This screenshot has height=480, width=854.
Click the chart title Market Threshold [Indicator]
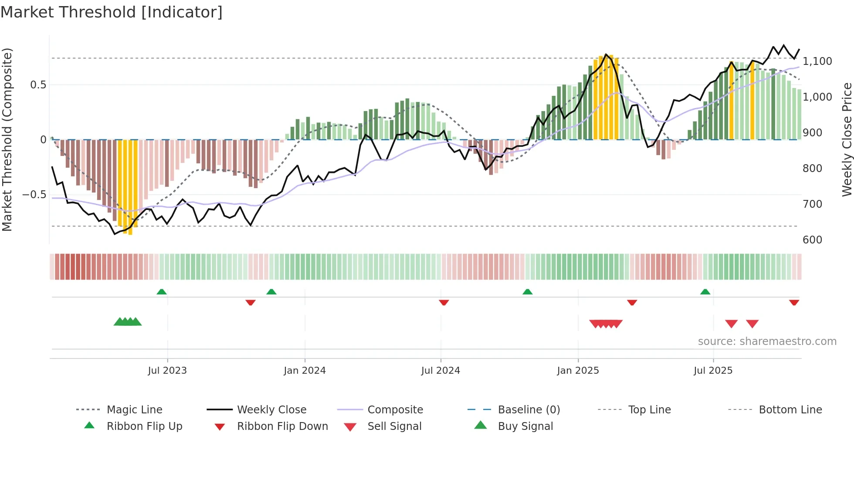tap(112, 12)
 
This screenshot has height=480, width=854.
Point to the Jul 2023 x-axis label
tap(167, 371)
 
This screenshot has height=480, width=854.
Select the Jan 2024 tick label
tap(305, 371)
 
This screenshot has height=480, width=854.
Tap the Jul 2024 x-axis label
tap(441, 371)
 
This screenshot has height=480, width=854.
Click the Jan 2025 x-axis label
tap(578, 371)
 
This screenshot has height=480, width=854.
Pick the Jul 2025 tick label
tap(713, 371)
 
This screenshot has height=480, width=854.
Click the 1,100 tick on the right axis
tap(817, 61)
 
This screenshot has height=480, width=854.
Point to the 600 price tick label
tap(812, 240)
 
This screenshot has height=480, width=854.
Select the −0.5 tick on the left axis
tap(34, 195)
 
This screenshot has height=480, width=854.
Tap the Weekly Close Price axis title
tap(847, 139)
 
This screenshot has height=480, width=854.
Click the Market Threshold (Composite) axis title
tap(7, 139)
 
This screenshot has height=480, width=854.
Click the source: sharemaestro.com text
tap(767, 341)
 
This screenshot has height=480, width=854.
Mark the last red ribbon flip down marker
tap(794, 302)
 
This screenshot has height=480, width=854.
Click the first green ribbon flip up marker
tap(162, 292)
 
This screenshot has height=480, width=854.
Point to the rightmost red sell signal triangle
tap(752, 324)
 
